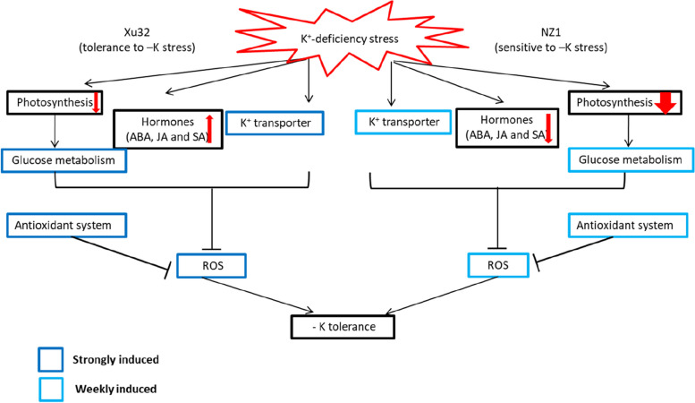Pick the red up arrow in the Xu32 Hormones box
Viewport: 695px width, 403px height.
(x=209, y=129)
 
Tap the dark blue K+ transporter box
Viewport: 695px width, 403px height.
(x=267, y=123)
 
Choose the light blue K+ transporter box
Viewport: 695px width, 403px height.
(x=401, y=123)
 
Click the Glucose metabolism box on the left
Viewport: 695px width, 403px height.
(x=64, y=161)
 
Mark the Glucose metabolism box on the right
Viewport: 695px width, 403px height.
(x=631, y=160)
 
